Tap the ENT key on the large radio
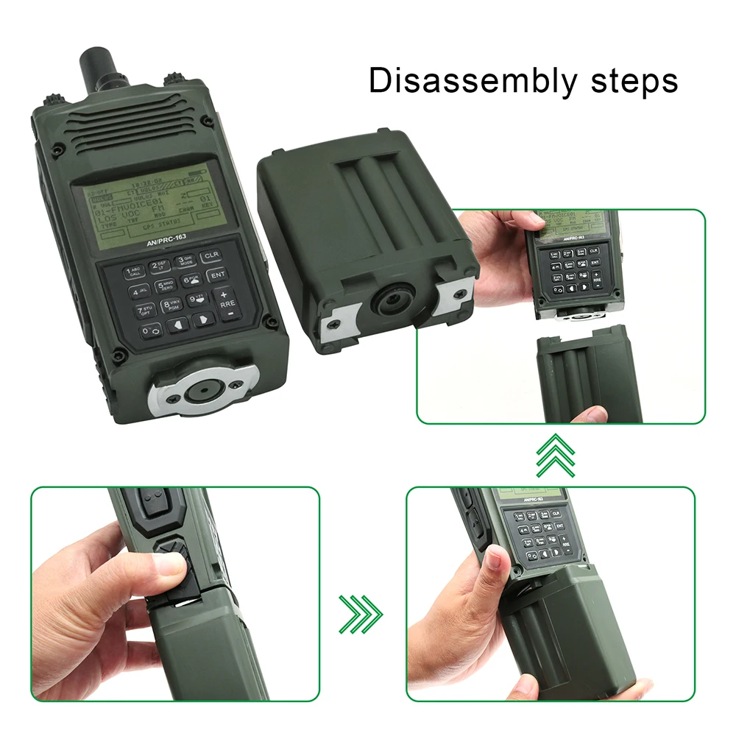click(x=218, y=275)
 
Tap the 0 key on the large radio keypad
click(x=149, y=332)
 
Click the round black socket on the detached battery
click(x=394, y=302)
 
